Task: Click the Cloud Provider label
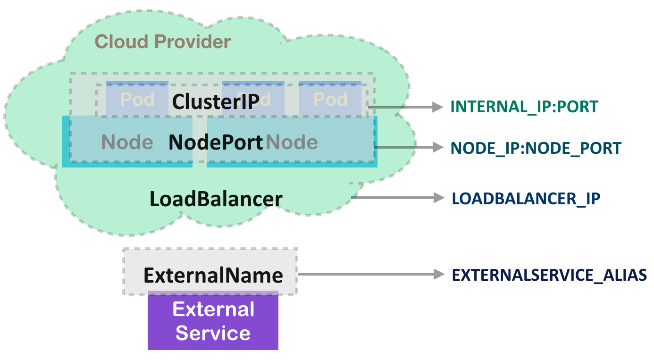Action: point(163,42)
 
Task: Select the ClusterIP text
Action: point(216,101)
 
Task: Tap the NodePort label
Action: point(216,142)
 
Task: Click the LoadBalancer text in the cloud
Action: point(216,199)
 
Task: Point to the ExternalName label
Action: point(213,275)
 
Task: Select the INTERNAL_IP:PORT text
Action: point(524,107)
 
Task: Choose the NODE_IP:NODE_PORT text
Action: point(536,148)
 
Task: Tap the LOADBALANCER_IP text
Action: point(526,198)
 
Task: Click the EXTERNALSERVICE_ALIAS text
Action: point(549,275)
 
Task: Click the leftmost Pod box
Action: point(137,99)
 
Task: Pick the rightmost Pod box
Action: point(330,99)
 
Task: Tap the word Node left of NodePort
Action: point(127,142)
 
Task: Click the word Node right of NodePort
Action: point(292,142)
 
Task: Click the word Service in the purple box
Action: point(213,333)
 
